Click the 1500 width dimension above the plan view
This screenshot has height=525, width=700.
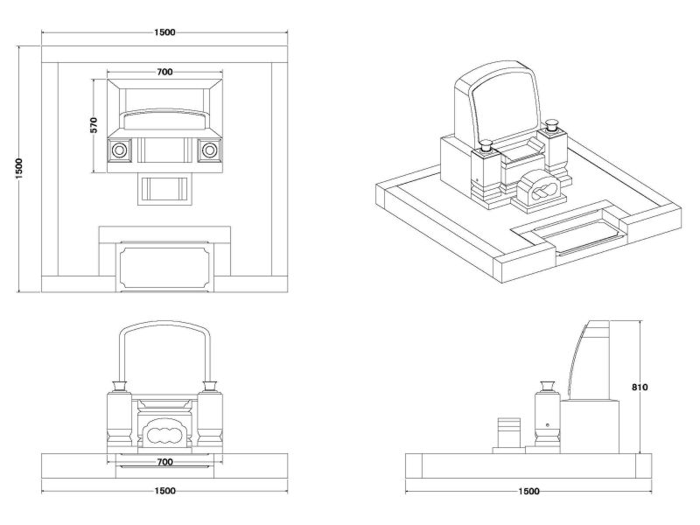(164, 32)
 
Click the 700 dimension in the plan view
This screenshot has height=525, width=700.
(164, 72)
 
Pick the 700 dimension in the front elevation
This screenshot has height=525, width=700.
(164, 461)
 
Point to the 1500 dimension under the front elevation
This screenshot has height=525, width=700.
(164, 491)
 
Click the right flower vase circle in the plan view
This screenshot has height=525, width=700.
(209, 150)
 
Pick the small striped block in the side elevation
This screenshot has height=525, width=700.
(508, 430)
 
